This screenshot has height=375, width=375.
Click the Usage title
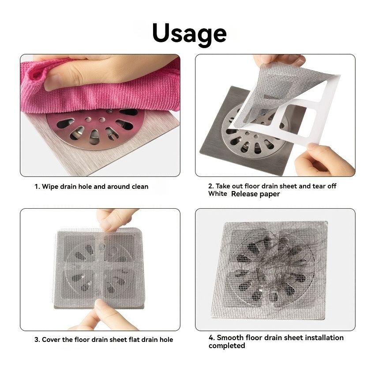[x=189, y=33]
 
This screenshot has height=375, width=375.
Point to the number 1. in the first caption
[x=37, y=187]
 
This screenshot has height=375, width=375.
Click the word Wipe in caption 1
[x=50, y=187]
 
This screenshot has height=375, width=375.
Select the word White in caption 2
[x=218, y=194]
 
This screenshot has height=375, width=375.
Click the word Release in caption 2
[x=246, y=194]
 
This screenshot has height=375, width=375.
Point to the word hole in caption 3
[x=166, y=340]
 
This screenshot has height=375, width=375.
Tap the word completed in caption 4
[x=227, y=346]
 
